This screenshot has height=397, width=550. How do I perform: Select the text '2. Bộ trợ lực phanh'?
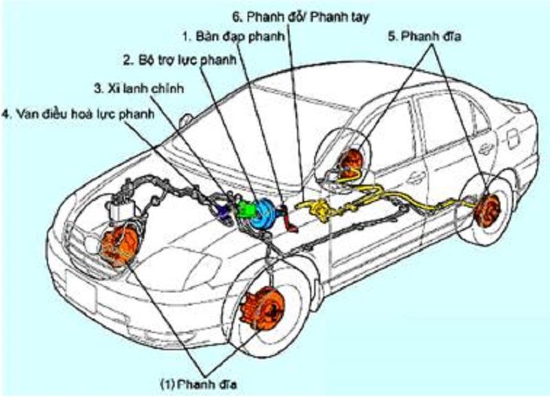point(179,61)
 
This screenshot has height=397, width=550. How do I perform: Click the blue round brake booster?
point(264,215)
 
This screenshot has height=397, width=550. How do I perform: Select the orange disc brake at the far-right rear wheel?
point(489,210)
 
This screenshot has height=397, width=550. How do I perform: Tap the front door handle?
point(415,178)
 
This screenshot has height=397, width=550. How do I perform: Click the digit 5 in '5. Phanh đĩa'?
point(392,36)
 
